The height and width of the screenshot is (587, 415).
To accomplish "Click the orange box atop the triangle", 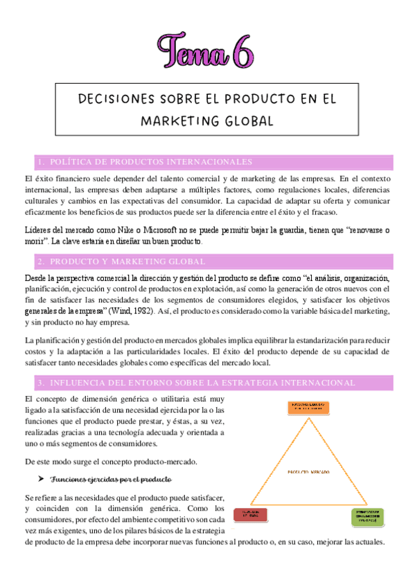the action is (x=309, y=408).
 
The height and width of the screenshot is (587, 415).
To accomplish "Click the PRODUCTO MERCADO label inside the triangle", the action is (x=308, y=471).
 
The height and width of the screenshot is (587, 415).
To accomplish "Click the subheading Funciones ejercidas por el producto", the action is (x=112, y=479).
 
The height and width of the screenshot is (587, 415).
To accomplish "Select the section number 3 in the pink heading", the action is (x=41, y=382).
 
